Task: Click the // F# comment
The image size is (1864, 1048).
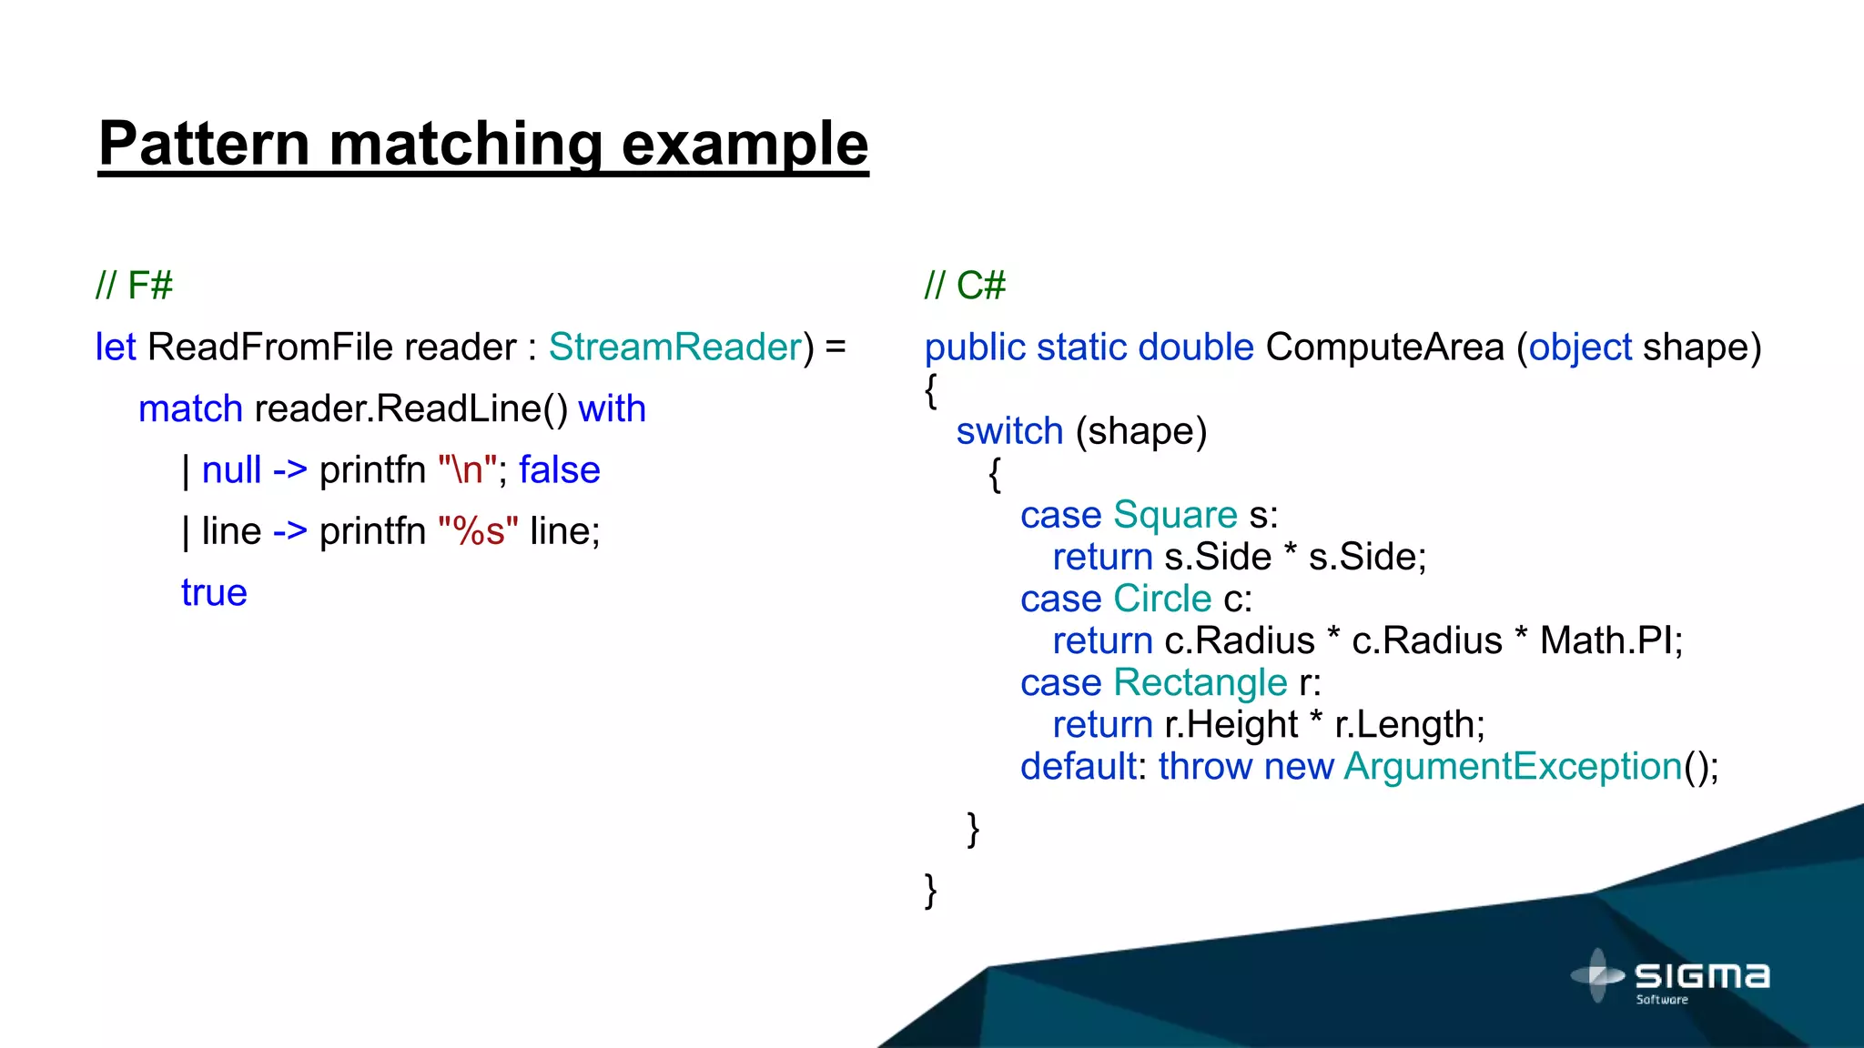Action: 134,286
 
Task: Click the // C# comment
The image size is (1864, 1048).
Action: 965,286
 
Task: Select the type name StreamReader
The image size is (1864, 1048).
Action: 675,347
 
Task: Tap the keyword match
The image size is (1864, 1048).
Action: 190,408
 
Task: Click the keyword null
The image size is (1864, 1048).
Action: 231,470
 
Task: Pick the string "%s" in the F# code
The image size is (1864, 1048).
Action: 478,531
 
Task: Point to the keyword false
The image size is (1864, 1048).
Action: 560,470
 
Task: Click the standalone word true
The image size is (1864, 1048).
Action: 214,593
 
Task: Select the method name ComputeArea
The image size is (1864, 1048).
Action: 1384,347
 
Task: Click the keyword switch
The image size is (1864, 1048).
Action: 1009,430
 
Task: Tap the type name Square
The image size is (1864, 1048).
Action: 1175,515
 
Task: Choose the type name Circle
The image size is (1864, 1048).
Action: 1162,599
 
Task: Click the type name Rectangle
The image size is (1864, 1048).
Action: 1200,682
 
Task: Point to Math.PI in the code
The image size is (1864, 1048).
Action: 1610,640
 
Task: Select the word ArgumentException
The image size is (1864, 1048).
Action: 1513,766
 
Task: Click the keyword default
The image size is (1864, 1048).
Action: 1079,766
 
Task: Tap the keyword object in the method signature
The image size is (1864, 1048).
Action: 1580,347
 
